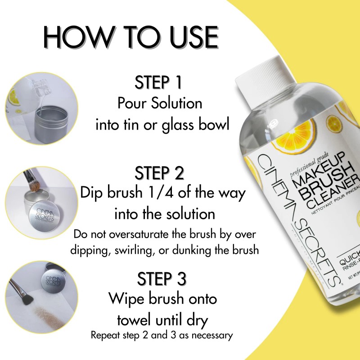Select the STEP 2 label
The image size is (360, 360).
click(x=160, y=173)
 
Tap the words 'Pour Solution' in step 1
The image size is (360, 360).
click(x=160, y=103)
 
